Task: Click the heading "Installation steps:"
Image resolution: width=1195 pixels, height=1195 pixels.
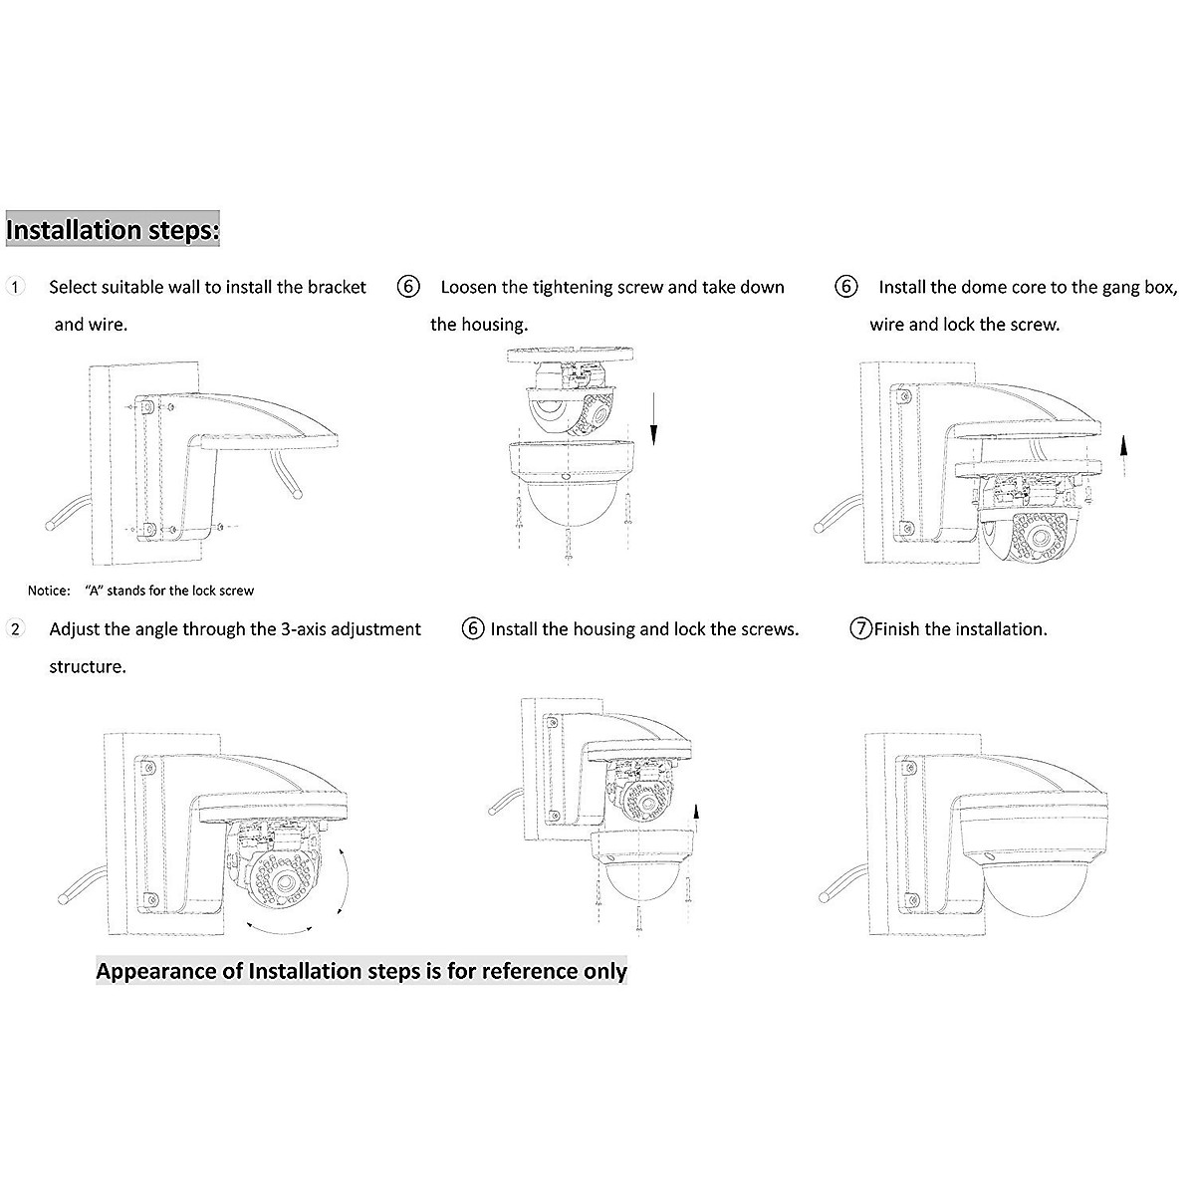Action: [x=113, y=230]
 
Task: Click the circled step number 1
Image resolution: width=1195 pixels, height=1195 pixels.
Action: [x=15, y=287]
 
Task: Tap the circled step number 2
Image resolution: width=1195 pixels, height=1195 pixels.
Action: [x=15, y=629]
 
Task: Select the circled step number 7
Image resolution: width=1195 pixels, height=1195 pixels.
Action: [x=860, y=629]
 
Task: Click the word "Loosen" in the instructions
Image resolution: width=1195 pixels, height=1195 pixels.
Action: [x=468, y=288]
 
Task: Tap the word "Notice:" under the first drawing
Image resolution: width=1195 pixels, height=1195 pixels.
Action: [x=49, y=591]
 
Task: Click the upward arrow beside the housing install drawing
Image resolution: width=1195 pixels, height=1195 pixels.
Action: [x=696, y=814]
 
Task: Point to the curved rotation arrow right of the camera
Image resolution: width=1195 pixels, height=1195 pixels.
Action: [x=342, y=881]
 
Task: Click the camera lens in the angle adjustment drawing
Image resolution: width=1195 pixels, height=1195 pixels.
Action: [x=289, y=879]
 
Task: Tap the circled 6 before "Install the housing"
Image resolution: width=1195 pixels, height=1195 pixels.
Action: [x=474, y=629]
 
